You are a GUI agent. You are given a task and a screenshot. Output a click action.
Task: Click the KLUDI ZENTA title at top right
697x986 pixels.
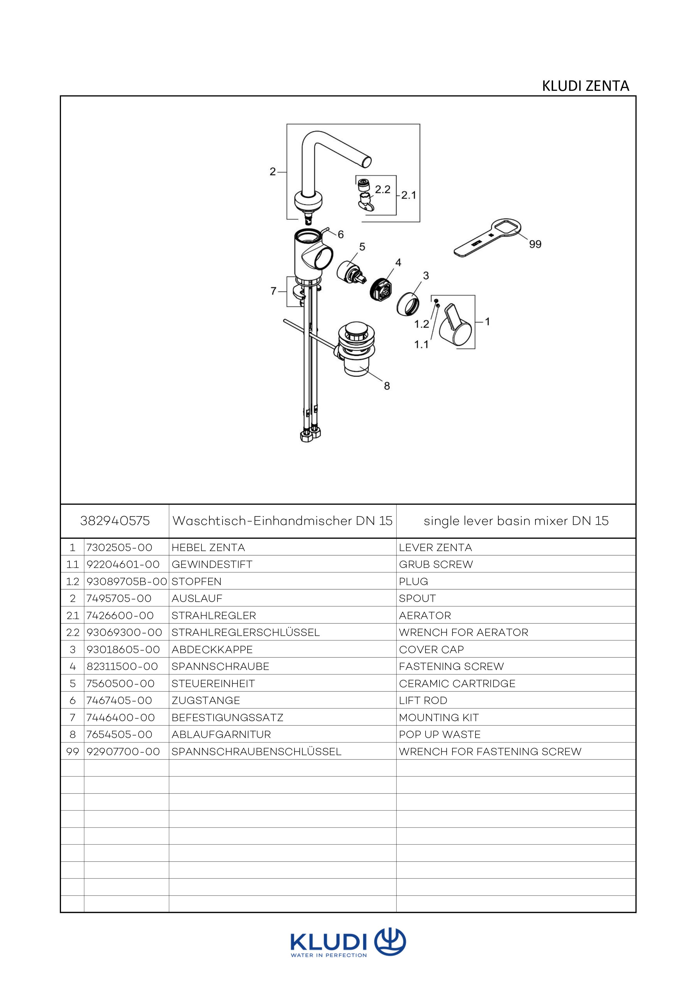click(x=585, y=86)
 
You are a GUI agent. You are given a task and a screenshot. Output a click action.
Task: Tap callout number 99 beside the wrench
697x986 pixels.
click(x=535, y=244)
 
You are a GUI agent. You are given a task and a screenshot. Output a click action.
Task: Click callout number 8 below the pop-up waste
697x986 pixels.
click(x=387, y=386)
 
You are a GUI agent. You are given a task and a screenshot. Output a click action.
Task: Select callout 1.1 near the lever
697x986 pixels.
click(x=421, y=344)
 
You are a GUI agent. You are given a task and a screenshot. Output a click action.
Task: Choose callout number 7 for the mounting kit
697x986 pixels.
click(x=273, y=291)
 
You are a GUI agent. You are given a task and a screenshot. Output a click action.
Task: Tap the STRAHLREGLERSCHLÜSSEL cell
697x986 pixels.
click(x=246, y=632)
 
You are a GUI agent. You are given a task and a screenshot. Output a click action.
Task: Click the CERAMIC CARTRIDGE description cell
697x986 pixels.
click(x=457, y=683)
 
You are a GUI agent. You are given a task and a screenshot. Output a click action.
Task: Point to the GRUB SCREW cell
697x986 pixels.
click(x=436, y=564)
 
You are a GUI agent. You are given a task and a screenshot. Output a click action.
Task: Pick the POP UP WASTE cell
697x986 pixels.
click(x=440, y=734)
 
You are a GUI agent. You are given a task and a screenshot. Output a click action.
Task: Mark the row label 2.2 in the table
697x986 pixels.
click(x=73, y=632)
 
